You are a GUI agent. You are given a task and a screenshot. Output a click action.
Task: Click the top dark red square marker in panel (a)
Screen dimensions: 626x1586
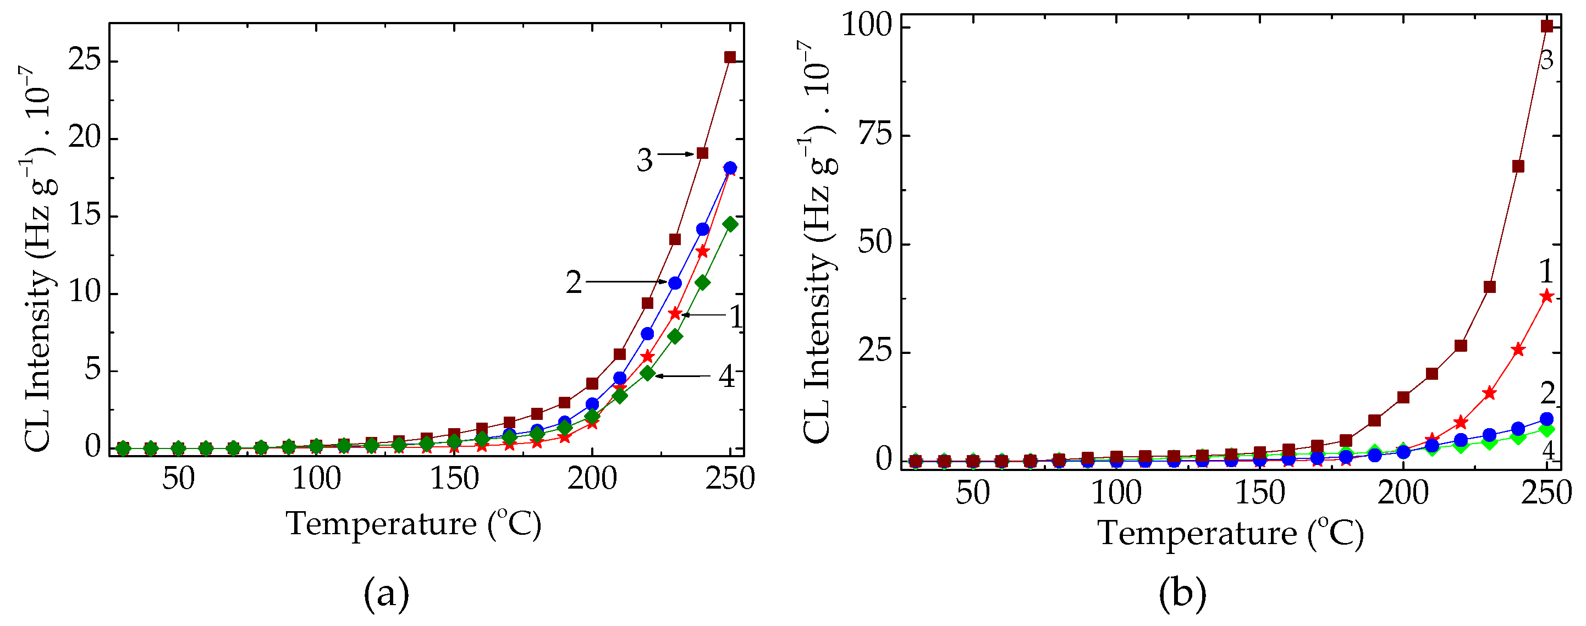point(730,57)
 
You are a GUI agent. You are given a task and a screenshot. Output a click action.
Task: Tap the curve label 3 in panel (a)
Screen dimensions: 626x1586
point(644,160)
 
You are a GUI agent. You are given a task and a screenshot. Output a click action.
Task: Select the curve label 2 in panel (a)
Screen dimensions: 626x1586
point(573,282)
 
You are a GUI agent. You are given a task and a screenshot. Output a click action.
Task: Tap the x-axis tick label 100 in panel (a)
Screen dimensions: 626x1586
point(316,478)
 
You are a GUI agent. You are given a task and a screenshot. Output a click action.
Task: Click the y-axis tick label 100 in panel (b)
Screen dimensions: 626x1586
point(866,26)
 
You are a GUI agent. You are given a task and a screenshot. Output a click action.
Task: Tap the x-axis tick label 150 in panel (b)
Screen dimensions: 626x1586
point(1260,492)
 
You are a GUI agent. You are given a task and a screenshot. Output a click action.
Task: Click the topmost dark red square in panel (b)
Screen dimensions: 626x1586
point(1546,26)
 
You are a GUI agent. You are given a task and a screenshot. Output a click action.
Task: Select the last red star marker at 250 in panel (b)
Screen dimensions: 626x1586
point(1546,296)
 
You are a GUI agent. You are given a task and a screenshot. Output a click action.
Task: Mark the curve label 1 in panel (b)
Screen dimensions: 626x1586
point(1545,271)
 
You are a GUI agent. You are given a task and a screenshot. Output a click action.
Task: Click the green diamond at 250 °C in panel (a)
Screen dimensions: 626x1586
point(730,224)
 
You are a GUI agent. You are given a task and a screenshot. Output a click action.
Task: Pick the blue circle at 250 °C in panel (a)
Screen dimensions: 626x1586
point(730,168)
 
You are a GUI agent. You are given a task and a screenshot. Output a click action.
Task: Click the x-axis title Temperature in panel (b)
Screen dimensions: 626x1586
point(1230,533)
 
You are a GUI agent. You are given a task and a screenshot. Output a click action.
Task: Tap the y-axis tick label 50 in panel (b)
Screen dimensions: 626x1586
point(874,242)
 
